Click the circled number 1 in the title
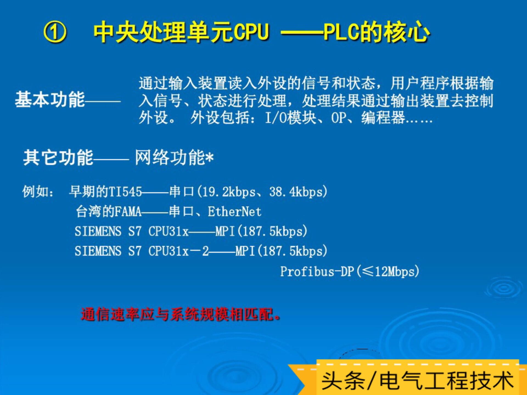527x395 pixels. click(55, 32)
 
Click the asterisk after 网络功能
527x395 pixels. click(209, 158)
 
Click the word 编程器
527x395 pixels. click(383, 118)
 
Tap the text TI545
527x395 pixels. click(125, 192)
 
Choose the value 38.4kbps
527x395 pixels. click(298, 192)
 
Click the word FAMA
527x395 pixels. click(128, 211)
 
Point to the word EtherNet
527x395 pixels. click(234, 211)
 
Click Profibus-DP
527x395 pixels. click(317, 272)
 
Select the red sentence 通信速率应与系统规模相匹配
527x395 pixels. click(180, 314)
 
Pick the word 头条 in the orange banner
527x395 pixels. click(343, 381)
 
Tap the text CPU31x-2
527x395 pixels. click(178, 251)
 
